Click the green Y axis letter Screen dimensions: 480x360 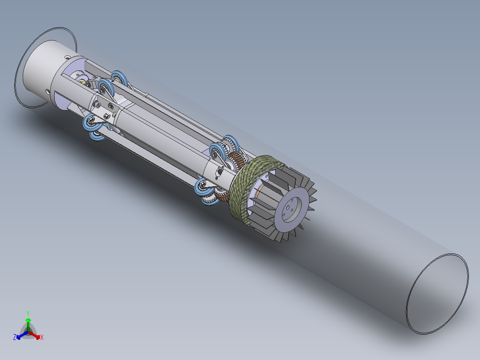click(28, 313)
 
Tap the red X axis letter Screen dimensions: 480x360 click(42, 337)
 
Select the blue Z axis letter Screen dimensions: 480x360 click(14, 337)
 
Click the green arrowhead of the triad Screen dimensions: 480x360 click(28, 320)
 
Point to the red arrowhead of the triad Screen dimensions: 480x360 click(38, 337)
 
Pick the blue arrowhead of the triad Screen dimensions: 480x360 click(19, 337)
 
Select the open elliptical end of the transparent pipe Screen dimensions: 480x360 click(437, 294)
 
